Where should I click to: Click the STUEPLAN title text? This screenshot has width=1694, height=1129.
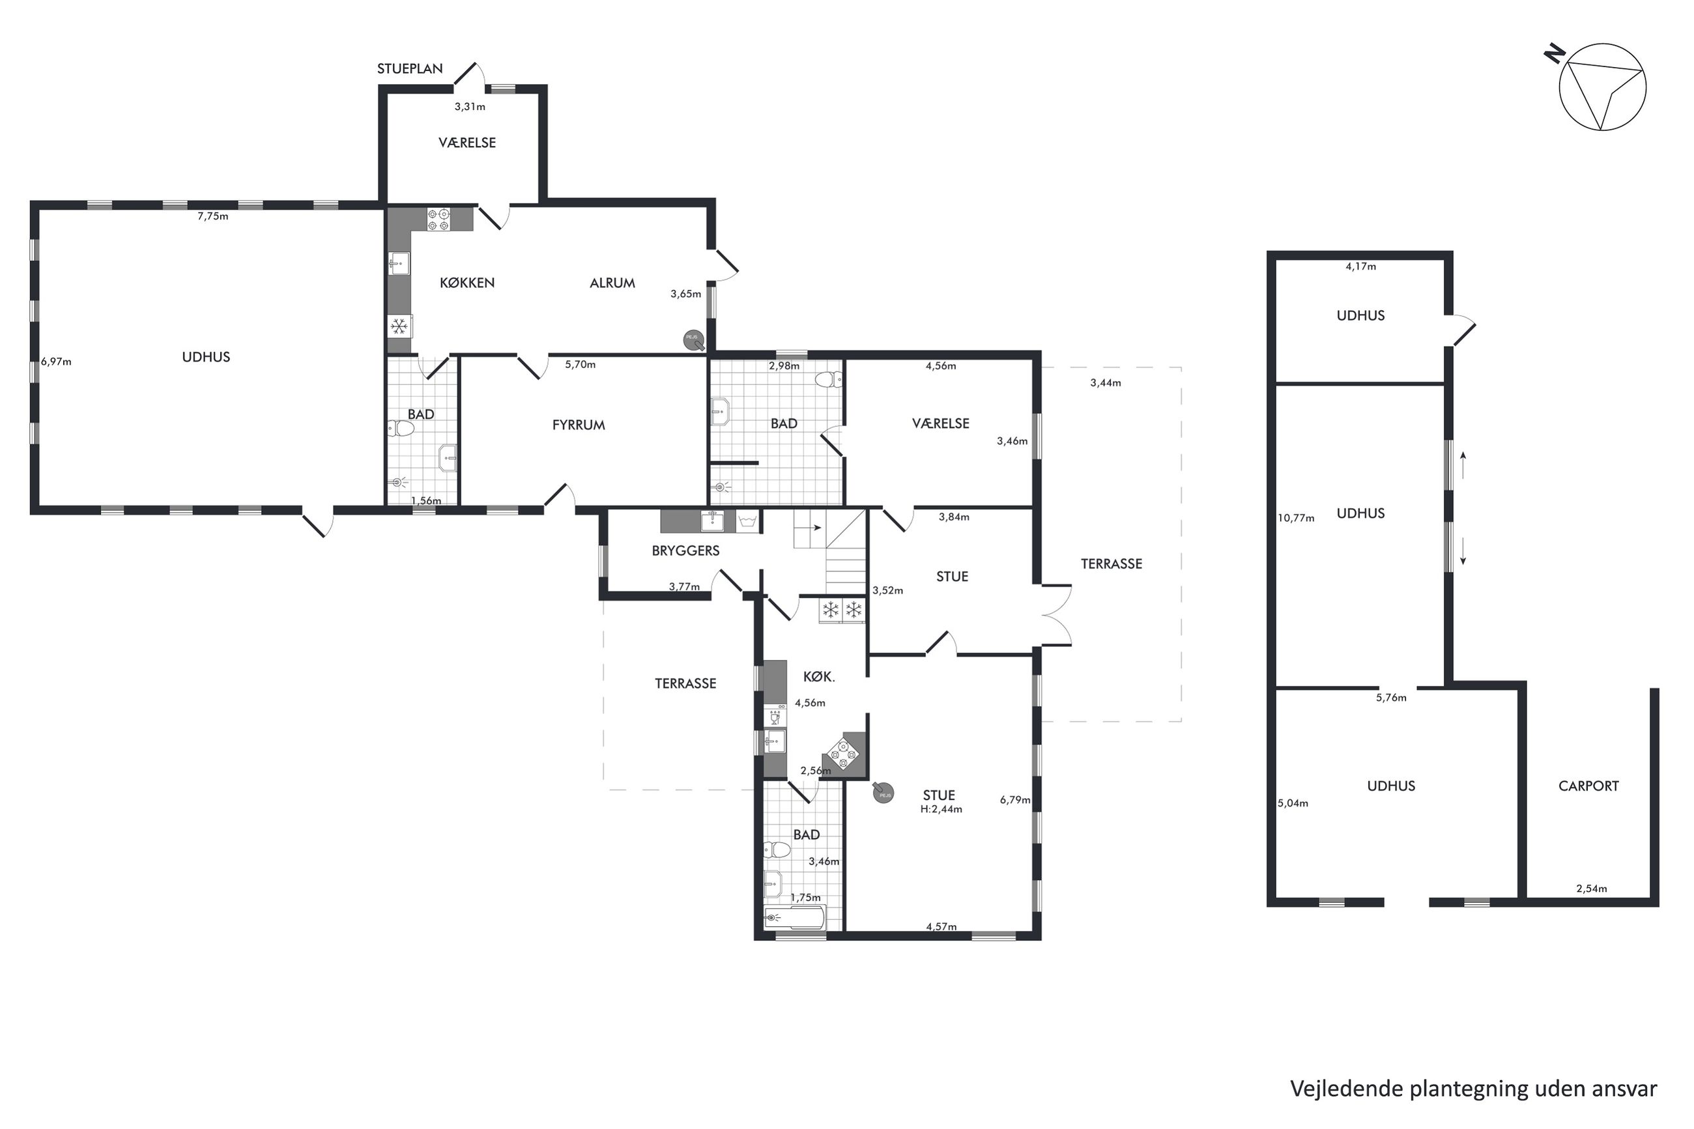tap(410, 68)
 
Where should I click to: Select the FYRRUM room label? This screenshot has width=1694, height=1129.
tap(578, 425)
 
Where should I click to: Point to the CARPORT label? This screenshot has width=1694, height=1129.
tap(1588, 786)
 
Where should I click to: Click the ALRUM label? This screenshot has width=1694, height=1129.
tap(612, 283)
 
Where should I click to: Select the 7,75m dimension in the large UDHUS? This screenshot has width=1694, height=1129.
tap(213, 216)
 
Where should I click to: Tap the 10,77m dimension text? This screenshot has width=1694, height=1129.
tap(1296, 518)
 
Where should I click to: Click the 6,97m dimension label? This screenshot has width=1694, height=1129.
tap(56, 362)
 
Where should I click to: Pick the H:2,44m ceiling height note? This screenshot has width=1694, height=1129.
tap(941, 808)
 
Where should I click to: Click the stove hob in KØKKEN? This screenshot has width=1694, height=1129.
tap(438, 219)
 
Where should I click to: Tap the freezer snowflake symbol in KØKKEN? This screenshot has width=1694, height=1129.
tap(399, 327)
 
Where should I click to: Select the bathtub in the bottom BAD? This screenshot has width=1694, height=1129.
tap(795, 917)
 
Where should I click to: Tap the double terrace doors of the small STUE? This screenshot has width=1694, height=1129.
tap(1055, 614)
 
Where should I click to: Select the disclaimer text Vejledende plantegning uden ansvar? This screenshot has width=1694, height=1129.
tap(1474, 1088)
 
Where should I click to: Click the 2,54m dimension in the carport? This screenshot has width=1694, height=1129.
tap(1592, 889)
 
